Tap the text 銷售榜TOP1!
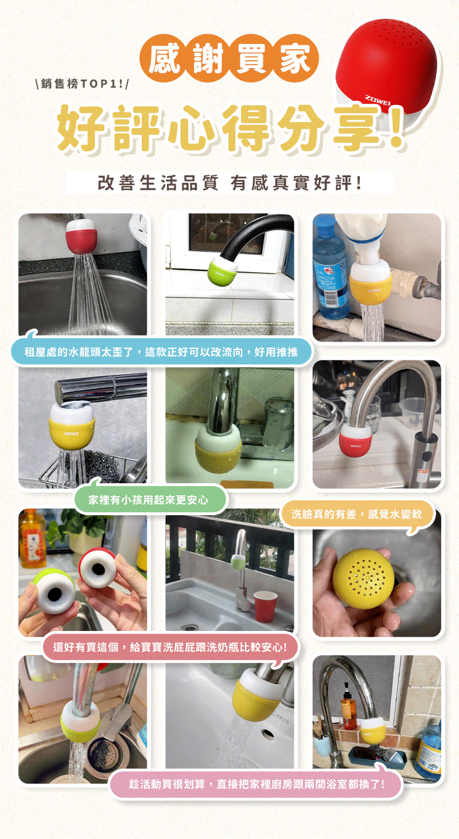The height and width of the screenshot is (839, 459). (81, 84)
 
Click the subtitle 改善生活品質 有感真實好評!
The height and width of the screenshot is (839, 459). (229, 183)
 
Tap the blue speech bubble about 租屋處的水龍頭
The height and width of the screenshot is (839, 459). (162, 352)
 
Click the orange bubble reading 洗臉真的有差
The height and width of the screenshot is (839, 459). (357, 514)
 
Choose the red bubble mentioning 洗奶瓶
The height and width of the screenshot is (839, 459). (170, 647)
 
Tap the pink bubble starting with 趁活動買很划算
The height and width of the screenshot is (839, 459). (255, 784)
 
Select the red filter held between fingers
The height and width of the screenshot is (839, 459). (96, 567)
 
